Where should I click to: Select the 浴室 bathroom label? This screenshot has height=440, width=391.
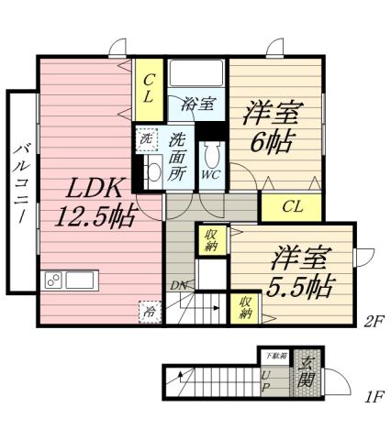(x=196, y=104)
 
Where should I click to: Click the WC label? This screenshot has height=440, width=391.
(x=210, y=172)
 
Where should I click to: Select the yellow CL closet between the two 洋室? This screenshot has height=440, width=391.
(x=291, y=206)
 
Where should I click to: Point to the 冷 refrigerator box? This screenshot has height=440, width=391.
(x=149, y=312)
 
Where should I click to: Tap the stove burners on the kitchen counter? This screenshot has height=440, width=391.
(x=52, y=280)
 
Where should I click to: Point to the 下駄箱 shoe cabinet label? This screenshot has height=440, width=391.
(x=274, y=355)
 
